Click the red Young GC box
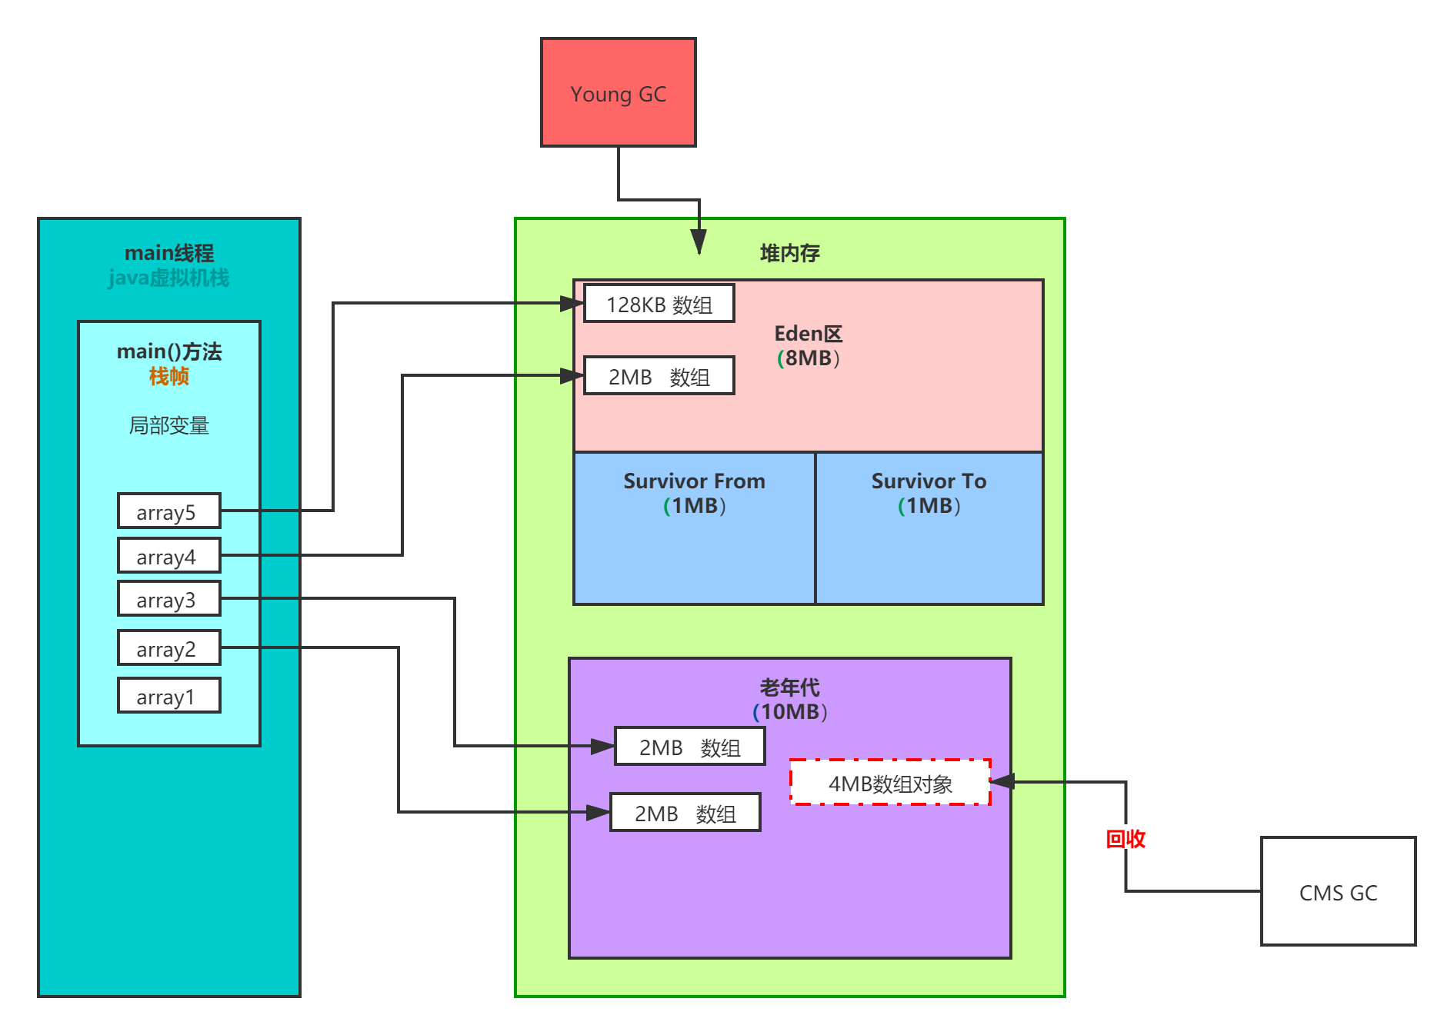pyautogui.click(x=618, y=92)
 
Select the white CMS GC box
pyautogui.click(x=1338, y=891)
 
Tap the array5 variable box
pyautogui.click(x=168, y=511)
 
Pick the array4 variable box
pyautogui.click(x=168, y=556)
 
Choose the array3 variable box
pyautogui.click(x=168, y=599)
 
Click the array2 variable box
pyautogui.click(x=168, y=648)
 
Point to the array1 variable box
pyautogui.click(x=168, y=696)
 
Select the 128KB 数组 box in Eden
pyautogui.click(x=659, y=304)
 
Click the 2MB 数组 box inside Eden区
pyautogui.click(x=659, y=376)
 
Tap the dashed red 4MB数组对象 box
pyautogui.click(x=890, y=783)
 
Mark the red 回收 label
pyautogui.click(x=1126, y=838)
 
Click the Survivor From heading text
pyautogui.click(x=694, y=481)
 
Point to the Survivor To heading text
pyautogui.click(x=929, y=481)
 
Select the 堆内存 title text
pyautogui.click(x=790, y=253)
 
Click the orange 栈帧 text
pyautogui.click(x=168, y=376)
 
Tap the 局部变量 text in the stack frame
pyautogui.click(x=168, y=425)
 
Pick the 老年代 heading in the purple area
pyautogui.click(x=790, y=687)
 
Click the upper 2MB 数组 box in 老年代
pyautogui.click(x=689, y=747)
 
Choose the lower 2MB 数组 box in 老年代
pyautogui.click(x=685, y=813)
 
